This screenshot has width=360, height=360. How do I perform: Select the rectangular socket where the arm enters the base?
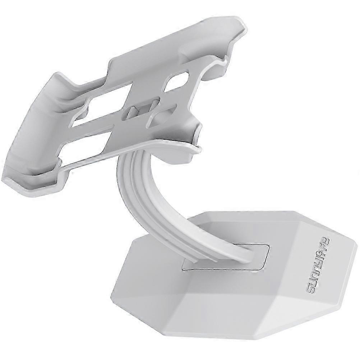pos(226,258)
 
